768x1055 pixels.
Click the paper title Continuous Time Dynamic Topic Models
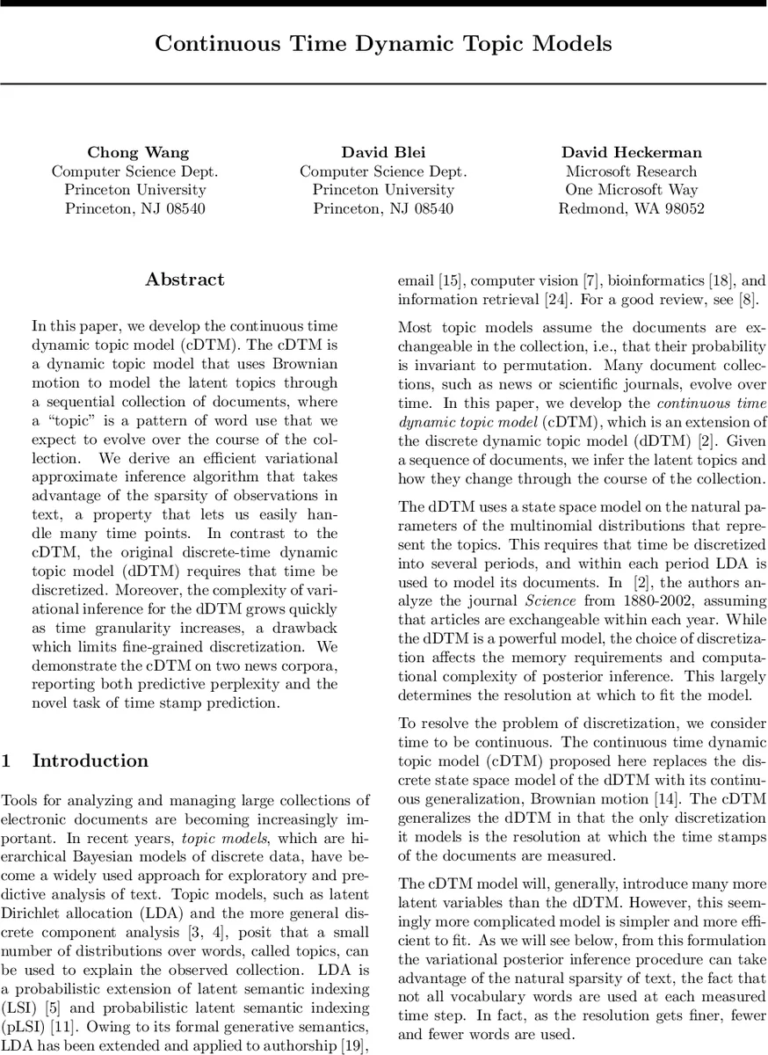[383, 44]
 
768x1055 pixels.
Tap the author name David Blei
[383, 152]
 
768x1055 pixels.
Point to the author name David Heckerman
[632, 152]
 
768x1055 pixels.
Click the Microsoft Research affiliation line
[631, 171]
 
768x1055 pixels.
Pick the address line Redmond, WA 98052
[631, 208]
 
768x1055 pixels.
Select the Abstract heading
[185, 280]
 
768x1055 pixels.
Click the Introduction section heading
[91, 761]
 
